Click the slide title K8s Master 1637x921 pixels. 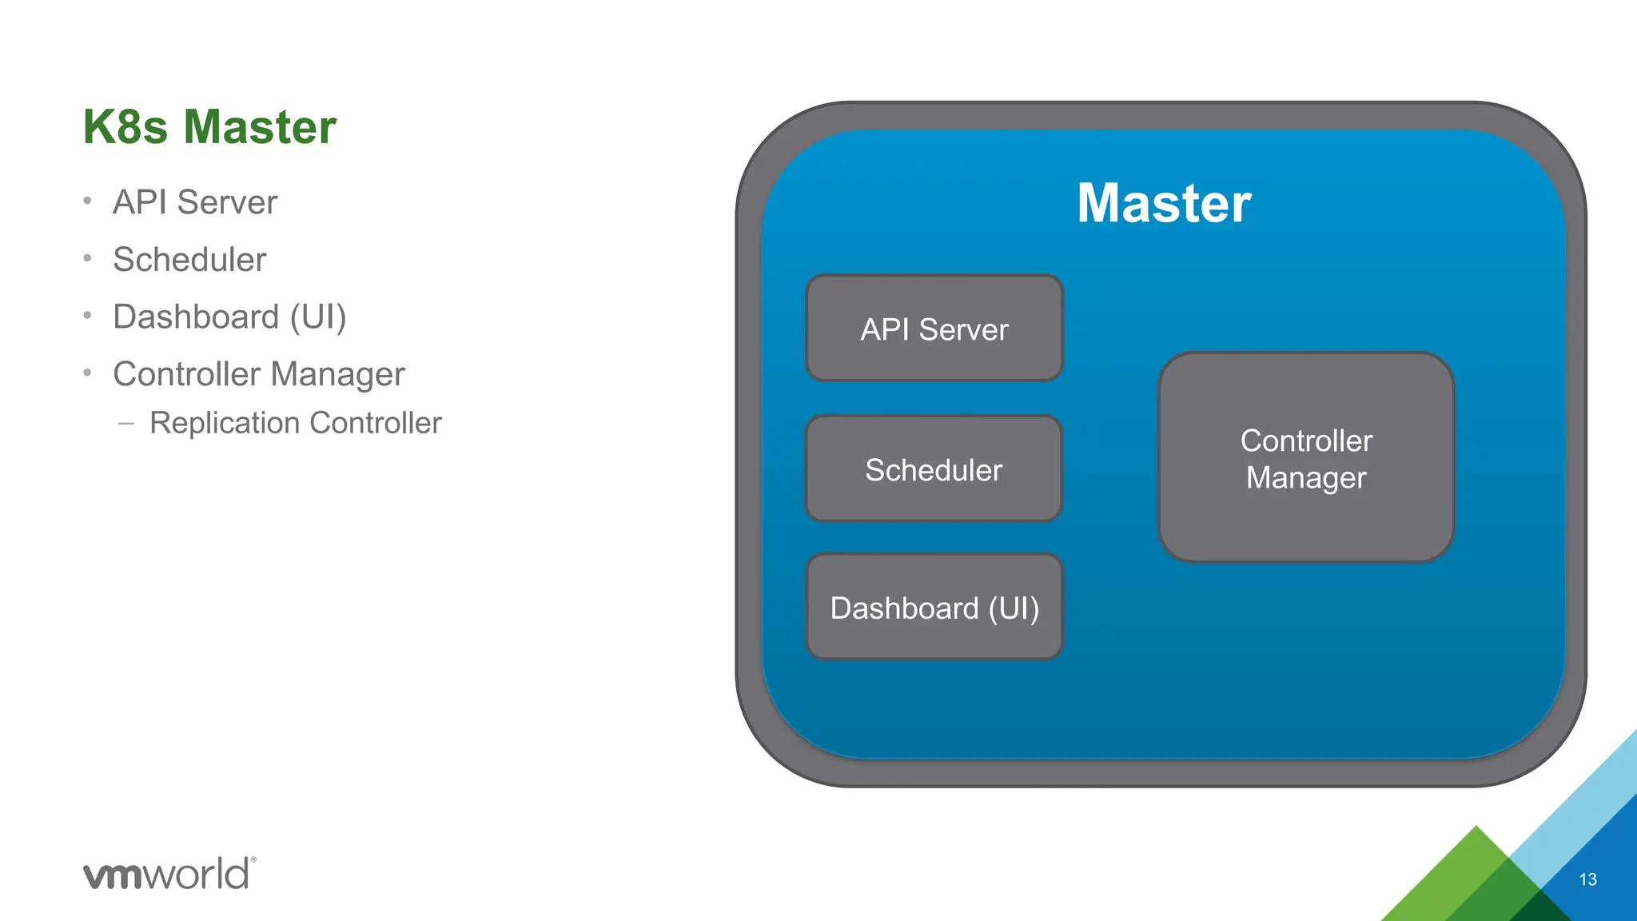(x=209, y=127)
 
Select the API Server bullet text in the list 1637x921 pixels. (x=195, y=202)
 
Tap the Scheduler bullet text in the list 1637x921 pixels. (x=189, y=260)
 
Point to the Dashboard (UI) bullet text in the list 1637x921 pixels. (x=229, y=317)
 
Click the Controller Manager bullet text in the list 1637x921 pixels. (x=259, y=374)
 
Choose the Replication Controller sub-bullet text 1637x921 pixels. (x=295, y=423)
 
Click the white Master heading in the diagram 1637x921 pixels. (x=1163, y=203)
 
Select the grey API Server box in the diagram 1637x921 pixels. (x=934, y=329)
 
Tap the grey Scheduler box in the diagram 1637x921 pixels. (x=934, y=469)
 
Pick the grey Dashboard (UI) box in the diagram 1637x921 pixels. (x=934, y=608)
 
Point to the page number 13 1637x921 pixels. (x=1587, y=879)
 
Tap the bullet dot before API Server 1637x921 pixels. (x=87, y=201)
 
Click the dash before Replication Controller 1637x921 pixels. (x=125, y=424)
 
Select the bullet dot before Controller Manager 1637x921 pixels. (x=87, y=373)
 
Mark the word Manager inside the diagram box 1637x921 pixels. (x=1305, y=478)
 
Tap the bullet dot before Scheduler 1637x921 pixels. (x=87, y=258)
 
